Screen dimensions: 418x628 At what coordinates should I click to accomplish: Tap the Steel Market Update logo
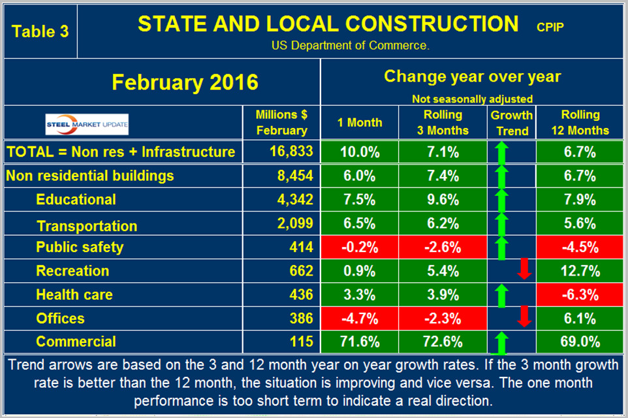tap(87, 122)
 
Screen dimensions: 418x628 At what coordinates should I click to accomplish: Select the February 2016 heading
tap(185, 83)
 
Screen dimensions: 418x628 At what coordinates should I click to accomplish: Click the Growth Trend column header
tap(512, 122)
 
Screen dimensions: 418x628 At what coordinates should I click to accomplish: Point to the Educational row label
tap(76, 200)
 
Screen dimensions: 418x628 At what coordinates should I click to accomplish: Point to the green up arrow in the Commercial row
tap(501, 342)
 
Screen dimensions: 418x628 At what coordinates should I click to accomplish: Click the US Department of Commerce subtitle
tap(350, 46)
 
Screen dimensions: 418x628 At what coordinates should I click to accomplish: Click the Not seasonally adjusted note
tap(472, 99)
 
